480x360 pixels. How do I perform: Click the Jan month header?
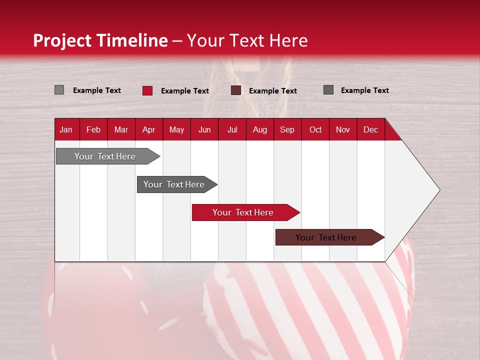[x=66, y=129]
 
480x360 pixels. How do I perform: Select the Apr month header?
[x=149, y=129]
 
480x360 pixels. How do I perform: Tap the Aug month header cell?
[x=260, y=129]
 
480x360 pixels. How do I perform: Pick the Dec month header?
[x=371, y=129]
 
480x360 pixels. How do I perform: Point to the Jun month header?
[x=204, y=129]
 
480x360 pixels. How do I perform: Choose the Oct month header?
[x=315, y=129]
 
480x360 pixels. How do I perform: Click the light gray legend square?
[x=59, y=90]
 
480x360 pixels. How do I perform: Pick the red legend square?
[x=147, y=90]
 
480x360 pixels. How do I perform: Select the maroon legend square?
[x=236, y=90]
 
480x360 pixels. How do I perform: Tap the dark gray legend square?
[x=328, y=90]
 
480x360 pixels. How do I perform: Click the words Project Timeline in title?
[x=100, y=40]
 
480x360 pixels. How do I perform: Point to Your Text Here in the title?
[x=247, y=40]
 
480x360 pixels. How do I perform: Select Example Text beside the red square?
[x=185, y=91]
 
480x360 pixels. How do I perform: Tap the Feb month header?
[x=93, y=129]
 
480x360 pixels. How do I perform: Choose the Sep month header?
[x=287, y=129]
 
